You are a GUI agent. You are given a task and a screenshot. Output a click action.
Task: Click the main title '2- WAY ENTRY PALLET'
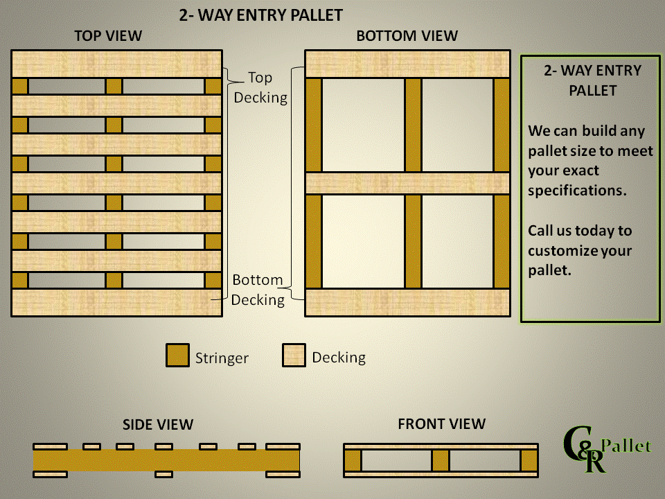pyautogui.click(x=261, y=15)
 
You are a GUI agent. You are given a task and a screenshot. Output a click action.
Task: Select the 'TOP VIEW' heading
pyautogui.click(x=108, y=36)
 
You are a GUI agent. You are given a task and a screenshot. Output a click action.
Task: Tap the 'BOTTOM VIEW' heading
pyautogui.click(x=407, y=36)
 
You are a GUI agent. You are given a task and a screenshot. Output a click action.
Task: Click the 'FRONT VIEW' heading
pyautogui.click(x=442, y=423)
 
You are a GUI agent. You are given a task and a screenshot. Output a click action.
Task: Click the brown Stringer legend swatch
pyautogui.click(x=177, y=355)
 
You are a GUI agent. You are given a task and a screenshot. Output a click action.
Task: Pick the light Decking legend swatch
pyautogui.click(x=294, y=355)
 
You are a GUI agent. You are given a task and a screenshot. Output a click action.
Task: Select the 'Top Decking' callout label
pyautogui.click(x=260, y=87)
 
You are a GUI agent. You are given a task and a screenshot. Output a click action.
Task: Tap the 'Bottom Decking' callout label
pyautogui.click(x=258, y=290)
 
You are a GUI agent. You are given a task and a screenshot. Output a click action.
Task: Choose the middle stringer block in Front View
pyautogui.click(x=440, y=460)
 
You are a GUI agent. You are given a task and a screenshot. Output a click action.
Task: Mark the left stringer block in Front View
pyautogui.click(x=353, y=460)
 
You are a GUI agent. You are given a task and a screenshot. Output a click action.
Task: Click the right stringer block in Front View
pyautogui.click(x=529, y=460)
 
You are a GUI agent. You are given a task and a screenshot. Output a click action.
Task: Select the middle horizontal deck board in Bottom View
pyautogui.click(x=407, y=183)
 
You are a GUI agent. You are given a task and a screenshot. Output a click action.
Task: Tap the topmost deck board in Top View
pyautogui.click(x=116, y=64)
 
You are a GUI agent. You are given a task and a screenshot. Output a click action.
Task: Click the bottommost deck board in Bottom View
pyautogui.click(x=407, y=303)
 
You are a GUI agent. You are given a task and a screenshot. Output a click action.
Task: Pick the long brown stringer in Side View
pyautogui.click(x=166, y=460)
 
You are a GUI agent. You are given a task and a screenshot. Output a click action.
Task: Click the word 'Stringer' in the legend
pyautogui.click(x=222, y=358)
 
